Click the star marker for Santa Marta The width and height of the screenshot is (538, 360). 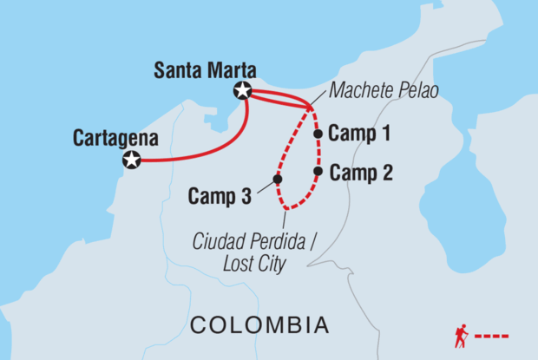(x=243, y=91)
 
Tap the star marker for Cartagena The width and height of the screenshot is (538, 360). (x=131, y=160)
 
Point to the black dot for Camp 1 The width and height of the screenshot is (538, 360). (x=318, y=134)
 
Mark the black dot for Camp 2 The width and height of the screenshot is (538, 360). (x=318, y=172)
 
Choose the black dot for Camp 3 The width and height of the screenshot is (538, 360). (x=278, y=180)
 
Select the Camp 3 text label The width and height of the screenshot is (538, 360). (x=220, y=196)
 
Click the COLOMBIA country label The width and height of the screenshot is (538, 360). (x=260, y=325)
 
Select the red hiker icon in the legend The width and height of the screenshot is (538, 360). (x=463, y=335)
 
